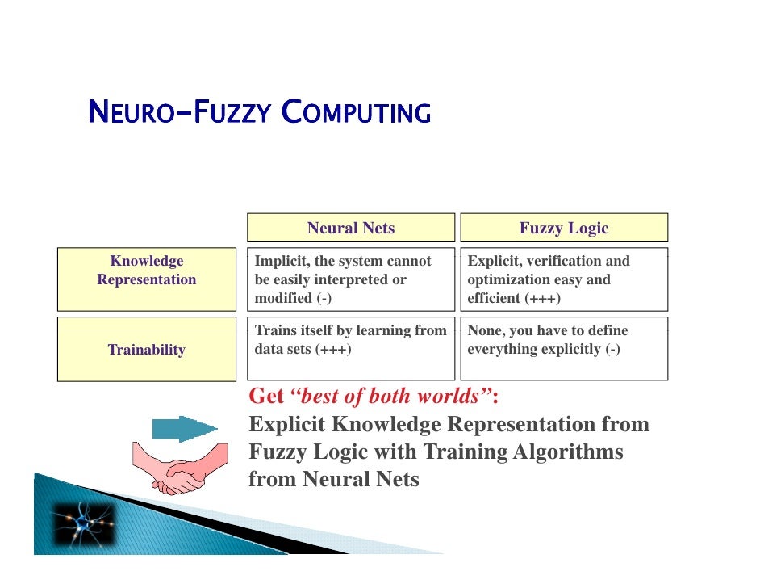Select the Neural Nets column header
(x=351, y=228)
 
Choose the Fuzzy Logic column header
(x=564, y=228)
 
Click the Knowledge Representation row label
(x=147, y=271)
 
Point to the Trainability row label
(x=147, y=350)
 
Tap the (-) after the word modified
(x=324, y=298)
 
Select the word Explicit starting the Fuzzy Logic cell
(x=494, y=262)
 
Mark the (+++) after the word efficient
(x=542, y=298)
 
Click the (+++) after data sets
(x=332, y=350)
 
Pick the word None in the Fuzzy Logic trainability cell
(x=485, y=331)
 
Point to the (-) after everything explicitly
(x=612, y=350)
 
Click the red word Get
(x=266, y=397)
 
